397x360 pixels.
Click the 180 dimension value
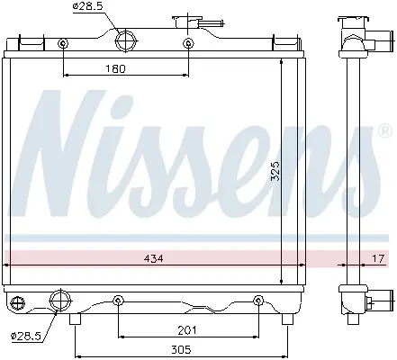pyautogui.click(x=115, y=69)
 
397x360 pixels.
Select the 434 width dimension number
pyautogui.click(x=154, y=258)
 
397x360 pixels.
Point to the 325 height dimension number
pyautogui.click(x=275, y=171)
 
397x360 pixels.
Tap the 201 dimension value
pyautogui.click(x=187, y=330)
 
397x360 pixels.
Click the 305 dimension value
pyautogui.click(x=181, y=349)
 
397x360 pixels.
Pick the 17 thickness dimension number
pyautogui.click(x=378, y=258)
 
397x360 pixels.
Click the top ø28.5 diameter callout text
pyautogui.click(x=88, y=6)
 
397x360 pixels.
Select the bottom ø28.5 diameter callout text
pyautogui.click(x=25, y=336)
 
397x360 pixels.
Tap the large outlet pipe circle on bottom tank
pyautogui.click(x=60, y=301)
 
